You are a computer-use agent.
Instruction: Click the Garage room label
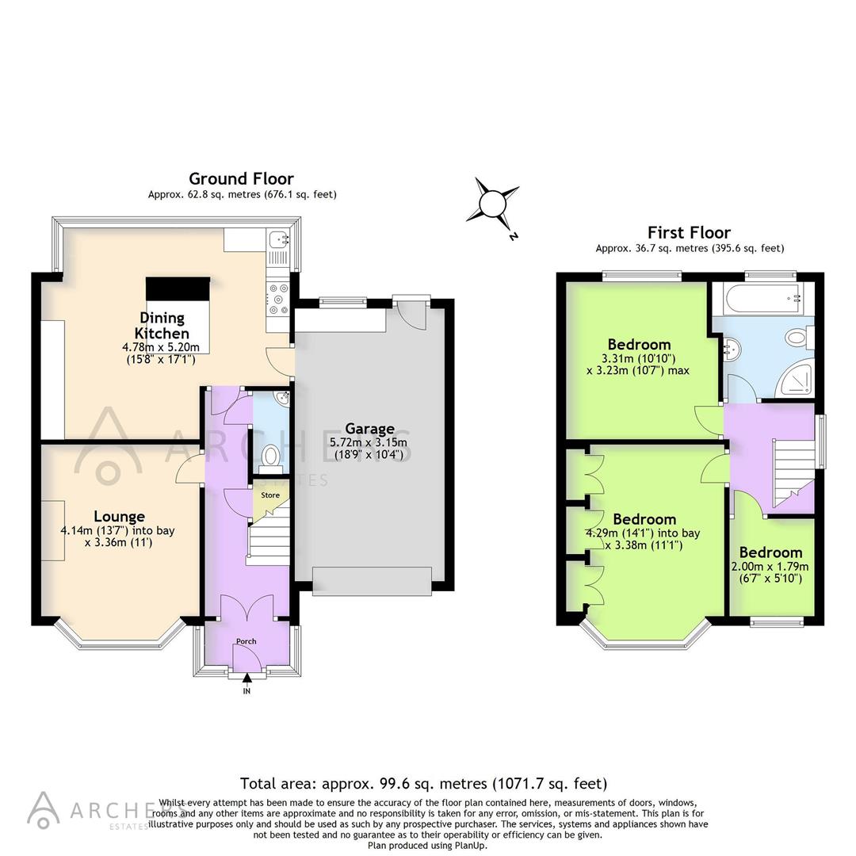click(370, 429)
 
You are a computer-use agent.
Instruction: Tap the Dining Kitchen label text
click(162, 325)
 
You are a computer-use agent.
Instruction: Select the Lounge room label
click(119, 516)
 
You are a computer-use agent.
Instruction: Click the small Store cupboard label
click(271, 495)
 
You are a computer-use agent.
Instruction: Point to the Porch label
click(246, 641)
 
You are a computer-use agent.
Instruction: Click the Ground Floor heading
click(241, 178)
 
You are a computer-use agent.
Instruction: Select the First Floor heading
click(689, 232)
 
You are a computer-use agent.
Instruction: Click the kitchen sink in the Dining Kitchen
click(278, 236)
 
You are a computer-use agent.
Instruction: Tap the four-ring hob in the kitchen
click(278, 297)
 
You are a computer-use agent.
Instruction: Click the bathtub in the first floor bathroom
click(758, 299)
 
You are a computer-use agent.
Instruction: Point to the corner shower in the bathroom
click(795, 380)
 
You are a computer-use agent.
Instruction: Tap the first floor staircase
click(793, 468)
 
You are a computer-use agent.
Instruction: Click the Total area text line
click(423, 784)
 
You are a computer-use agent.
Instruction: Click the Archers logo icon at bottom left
click(44, 808)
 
